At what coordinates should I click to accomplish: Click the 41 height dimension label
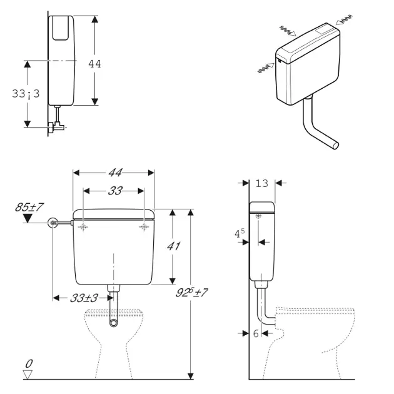click(173, 246)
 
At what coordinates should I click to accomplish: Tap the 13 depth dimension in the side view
click(262, 183)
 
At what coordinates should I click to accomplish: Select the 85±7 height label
click(29, 207)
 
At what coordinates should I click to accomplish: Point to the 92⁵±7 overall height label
click(191, 292)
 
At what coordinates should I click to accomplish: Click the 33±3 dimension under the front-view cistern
click(84, 298)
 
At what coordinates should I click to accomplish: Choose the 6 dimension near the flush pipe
click(256, 333)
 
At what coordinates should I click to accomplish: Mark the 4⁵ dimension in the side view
click(239, 233)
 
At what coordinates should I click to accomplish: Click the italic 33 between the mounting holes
click(115, 191)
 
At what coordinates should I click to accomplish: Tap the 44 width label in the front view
click(115, 173)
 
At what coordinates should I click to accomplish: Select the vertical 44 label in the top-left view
click(94, 64)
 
